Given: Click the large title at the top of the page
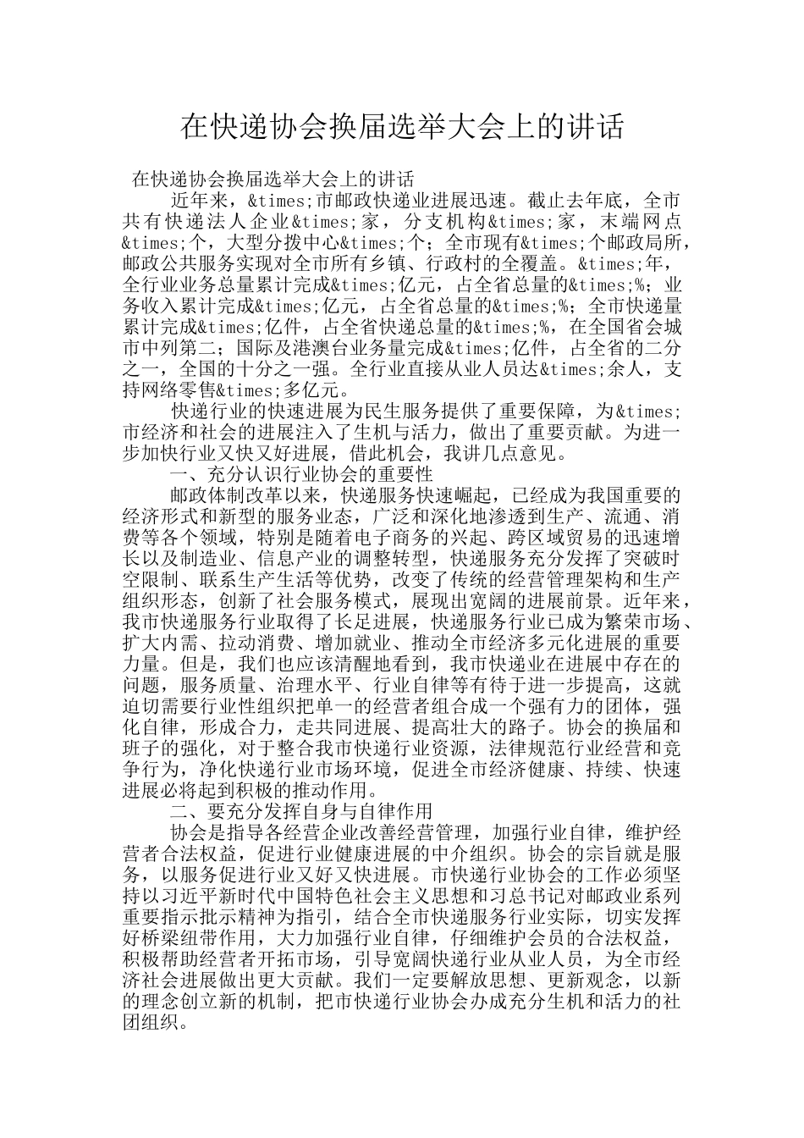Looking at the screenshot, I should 402,127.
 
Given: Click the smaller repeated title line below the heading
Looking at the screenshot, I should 273,180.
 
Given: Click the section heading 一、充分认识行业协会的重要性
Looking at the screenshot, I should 301,474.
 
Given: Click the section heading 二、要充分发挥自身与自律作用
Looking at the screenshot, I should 301,811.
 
